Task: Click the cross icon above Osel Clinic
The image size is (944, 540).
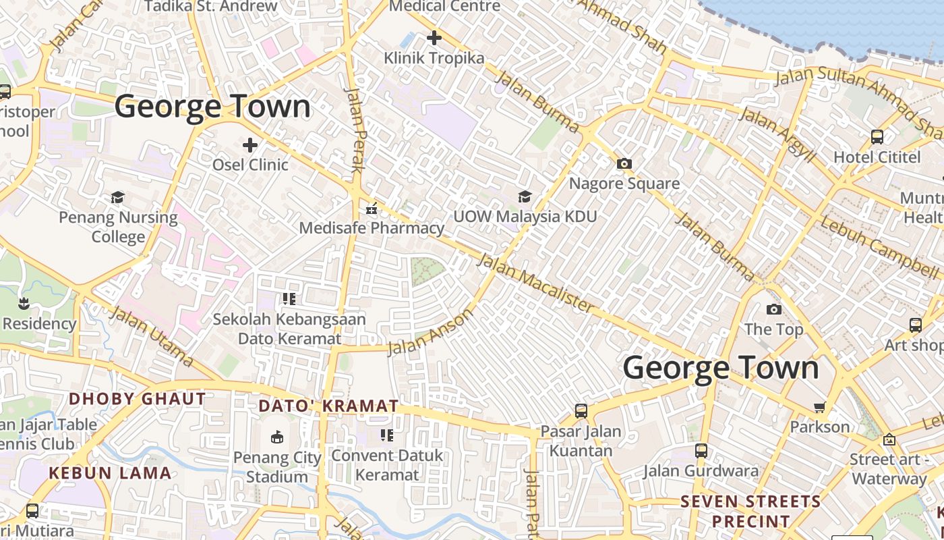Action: (250, 145)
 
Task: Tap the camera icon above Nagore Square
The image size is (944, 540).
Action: (624, 163)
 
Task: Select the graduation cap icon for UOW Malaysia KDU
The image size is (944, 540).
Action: (525, 196)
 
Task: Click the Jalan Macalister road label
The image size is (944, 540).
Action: (536, 283)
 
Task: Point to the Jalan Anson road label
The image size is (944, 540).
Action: (431, 333)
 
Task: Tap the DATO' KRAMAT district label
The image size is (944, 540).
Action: (329, 406)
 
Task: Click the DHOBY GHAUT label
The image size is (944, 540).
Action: (138, 399)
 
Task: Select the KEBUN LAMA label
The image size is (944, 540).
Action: (110, 473)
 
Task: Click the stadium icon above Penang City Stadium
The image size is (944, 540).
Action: (276, 437)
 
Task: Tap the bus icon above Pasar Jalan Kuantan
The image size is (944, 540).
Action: (581, 410)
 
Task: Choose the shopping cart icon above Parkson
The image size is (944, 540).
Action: (820, 407)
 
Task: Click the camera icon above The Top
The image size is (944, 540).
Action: (774, 309)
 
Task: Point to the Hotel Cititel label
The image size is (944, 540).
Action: (877, 157)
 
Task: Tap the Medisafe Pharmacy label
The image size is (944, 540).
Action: (372, 228)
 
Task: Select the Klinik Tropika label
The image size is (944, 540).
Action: (434, 58)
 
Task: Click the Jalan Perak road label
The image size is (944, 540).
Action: (355, 130)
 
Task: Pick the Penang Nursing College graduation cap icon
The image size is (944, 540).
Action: (118, 197)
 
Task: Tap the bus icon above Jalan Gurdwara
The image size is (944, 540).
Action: (701, 451)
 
